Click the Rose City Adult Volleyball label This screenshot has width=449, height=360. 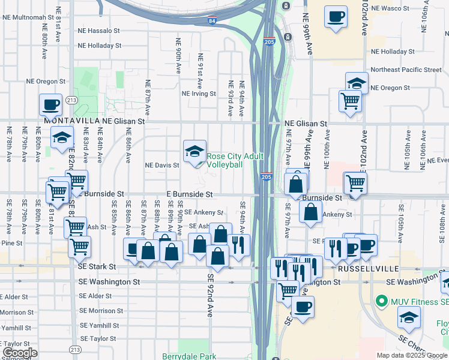coord(225,160)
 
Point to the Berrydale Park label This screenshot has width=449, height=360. coord(189,356)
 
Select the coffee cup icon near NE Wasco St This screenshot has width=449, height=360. coord(336,16)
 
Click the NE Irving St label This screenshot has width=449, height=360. coord(199,94)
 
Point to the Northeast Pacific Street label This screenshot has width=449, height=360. coord(406,70)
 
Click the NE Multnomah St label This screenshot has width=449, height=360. coord(29,17)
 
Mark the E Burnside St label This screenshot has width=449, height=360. coord(190,194)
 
